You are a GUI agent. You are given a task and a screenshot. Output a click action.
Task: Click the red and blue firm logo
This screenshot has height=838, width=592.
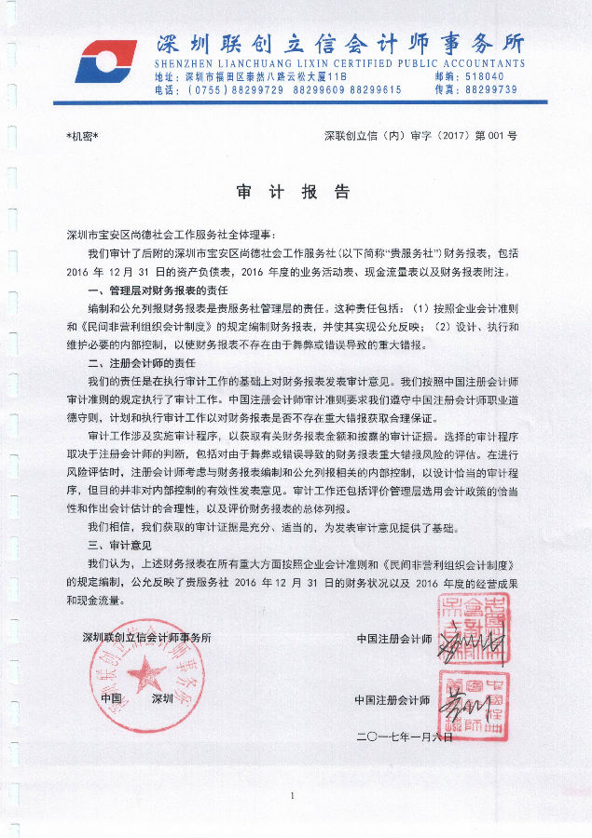point(104,61)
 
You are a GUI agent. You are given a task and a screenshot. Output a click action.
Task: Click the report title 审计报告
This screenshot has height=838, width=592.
point(295,193)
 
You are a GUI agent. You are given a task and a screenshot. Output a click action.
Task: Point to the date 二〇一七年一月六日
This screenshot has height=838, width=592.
point(404,737)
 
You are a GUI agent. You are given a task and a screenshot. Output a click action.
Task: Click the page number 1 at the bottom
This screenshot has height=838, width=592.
point(293,796)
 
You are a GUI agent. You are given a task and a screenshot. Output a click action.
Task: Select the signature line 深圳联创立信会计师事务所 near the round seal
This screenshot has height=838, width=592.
point(147,639)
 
